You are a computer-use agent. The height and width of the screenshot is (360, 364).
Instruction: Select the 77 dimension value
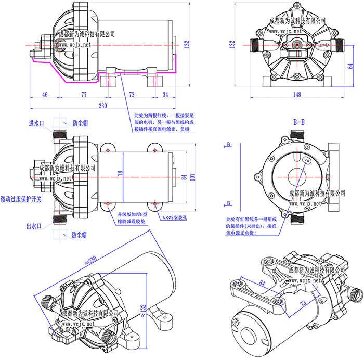(84, 94)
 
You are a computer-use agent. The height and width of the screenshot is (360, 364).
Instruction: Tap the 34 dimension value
(165, 94)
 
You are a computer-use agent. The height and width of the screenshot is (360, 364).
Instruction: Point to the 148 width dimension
(297, 94)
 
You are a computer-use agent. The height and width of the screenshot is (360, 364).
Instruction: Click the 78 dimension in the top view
(120, 173)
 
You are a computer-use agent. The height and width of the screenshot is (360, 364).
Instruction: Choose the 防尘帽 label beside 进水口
(81, 123)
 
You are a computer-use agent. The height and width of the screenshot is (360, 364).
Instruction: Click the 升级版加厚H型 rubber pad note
(132, 214)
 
